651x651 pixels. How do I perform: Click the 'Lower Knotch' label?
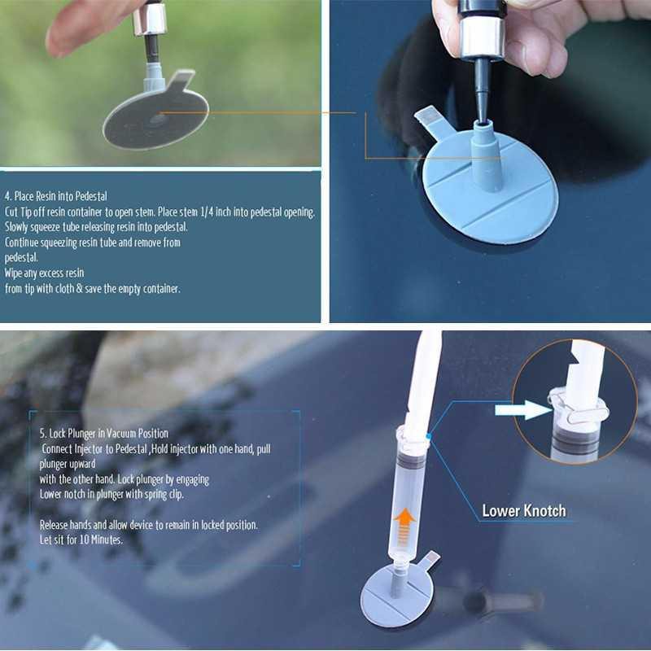click(523, 511)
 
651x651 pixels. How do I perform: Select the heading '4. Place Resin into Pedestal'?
click(56, 196)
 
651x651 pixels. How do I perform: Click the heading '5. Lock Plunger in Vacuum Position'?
click(104, 433)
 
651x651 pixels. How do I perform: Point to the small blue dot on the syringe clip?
click(427, 436)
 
